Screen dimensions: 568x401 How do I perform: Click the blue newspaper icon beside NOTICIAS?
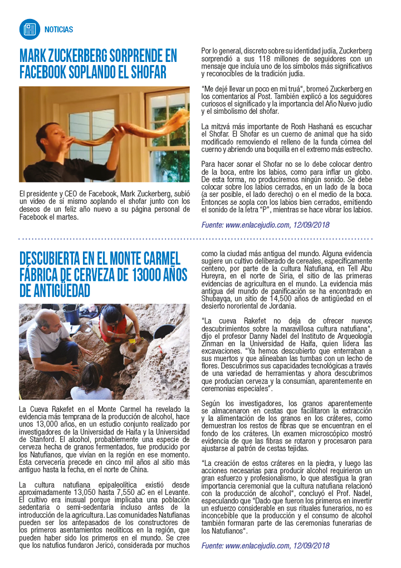click(30, 28)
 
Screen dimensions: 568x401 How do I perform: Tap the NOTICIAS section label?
click(59, 30)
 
